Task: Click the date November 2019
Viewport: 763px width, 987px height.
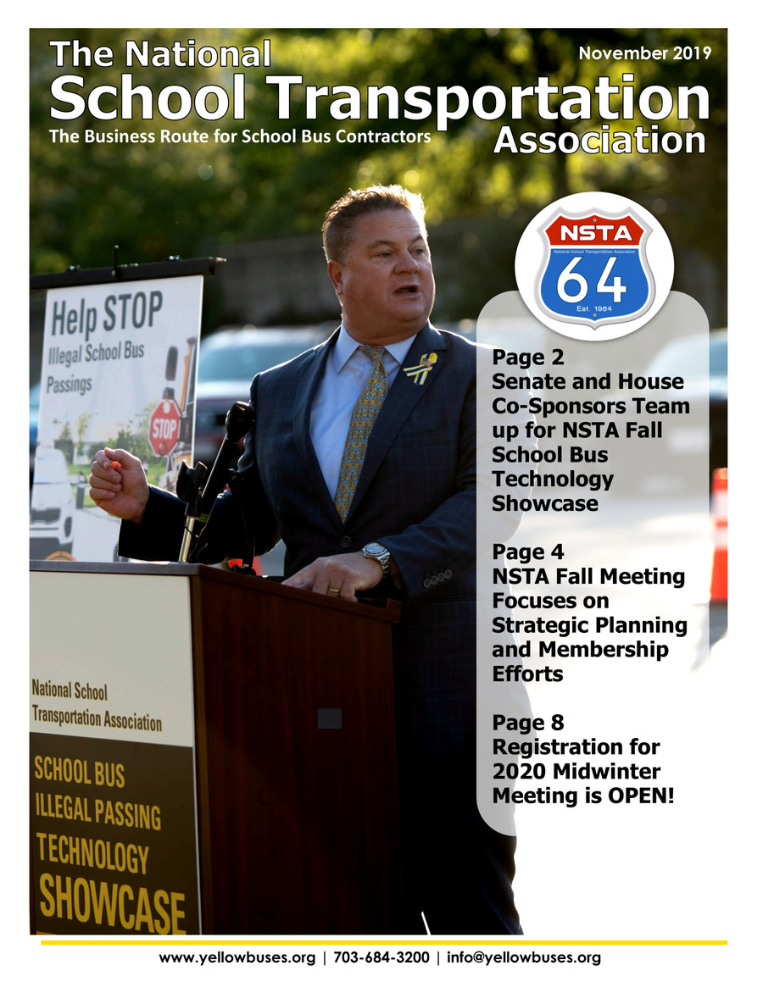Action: tap(644, 53)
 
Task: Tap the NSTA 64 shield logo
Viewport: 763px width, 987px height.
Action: tap(593, 266)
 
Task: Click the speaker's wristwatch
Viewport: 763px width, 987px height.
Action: tap(376, 555)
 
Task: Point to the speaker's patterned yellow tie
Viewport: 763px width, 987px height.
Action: tap(360, 432)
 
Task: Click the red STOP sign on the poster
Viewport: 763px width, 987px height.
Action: tap(164, 428)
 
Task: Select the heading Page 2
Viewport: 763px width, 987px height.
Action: tap(528, 358)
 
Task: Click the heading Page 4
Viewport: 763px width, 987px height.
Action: tap(528, 552)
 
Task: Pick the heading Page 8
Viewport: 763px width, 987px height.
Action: tap(528, 723)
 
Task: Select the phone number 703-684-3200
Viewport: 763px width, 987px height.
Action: tap(381, 958)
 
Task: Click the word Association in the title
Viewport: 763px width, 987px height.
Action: tap(599, 140)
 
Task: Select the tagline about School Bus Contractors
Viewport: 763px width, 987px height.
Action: tap(240, 136)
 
